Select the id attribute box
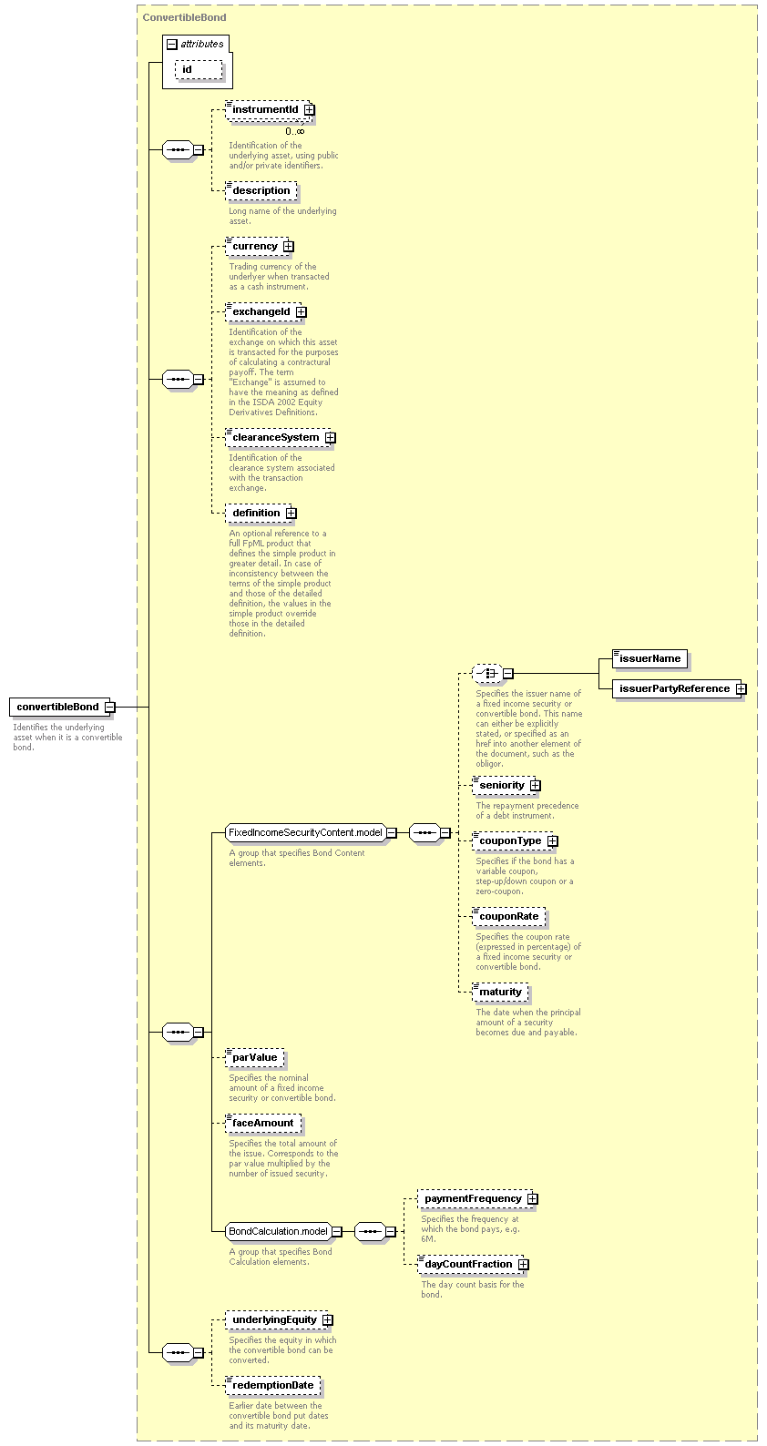point(199,70)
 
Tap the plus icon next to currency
point(289,247)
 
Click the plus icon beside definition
point(291,514)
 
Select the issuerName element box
point(649,659)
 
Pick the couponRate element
point(508,917)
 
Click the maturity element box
point(500,993)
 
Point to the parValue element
point(255,1057)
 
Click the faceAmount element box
point(263,1124)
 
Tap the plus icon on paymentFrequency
point(533,1198)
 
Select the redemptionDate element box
point(273,1385)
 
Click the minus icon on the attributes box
point(172,45)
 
